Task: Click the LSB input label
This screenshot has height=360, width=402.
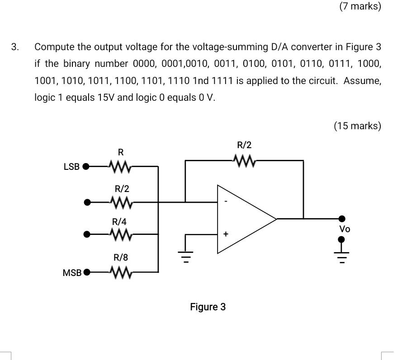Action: point(71,167)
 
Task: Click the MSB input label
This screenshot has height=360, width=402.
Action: point(72,273)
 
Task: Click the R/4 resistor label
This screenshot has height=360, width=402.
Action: point(120,222)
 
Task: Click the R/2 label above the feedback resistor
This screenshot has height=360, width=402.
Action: point(244,145)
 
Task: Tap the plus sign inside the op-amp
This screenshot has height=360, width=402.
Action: point(225,234)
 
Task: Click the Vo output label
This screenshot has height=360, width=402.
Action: point(345,229)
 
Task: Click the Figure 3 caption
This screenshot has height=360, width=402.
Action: point(208,307)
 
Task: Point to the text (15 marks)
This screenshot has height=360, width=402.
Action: point(358,126)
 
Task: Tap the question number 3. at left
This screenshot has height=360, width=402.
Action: point(16,47)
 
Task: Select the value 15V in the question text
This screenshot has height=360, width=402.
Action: point(105,98)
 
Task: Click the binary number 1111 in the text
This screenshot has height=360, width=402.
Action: point(222,81)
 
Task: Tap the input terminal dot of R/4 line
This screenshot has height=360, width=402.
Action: point(87,234)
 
